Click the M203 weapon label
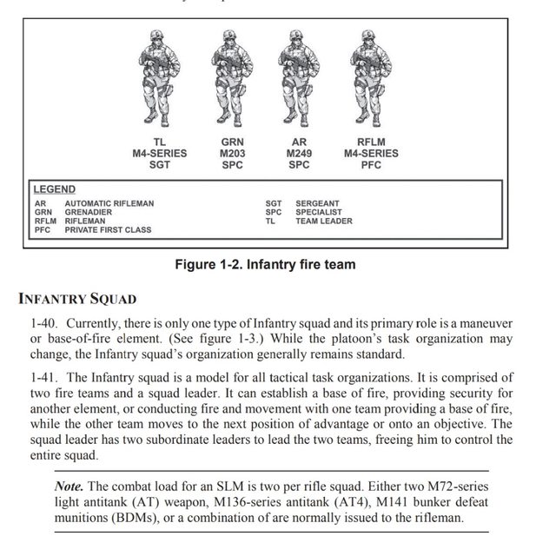click(233, 154)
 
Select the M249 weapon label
click(298, 154)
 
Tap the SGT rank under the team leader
click(160, 165)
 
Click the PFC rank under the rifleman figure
click(371, 165)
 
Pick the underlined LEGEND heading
click(54, 189)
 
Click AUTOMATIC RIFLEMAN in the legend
click(109, 203)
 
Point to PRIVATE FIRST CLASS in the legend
click(108, 230)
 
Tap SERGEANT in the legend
click(319, 203)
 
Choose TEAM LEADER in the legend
click(324, 221)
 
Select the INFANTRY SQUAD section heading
click(77, 300)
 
